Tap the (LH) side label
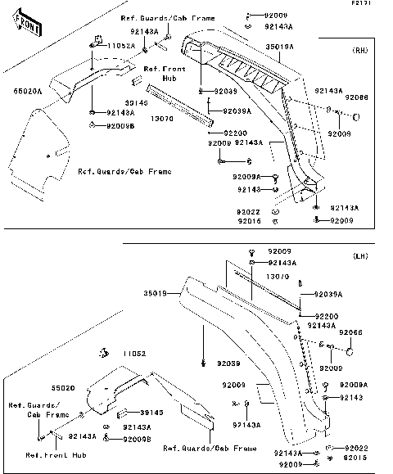click(361, 256)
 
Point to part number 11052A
click(118, 47)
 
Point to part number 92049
click(226, 91)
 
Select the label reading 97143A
click(248, 425)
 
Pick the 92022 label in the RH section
click(251, 211)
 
